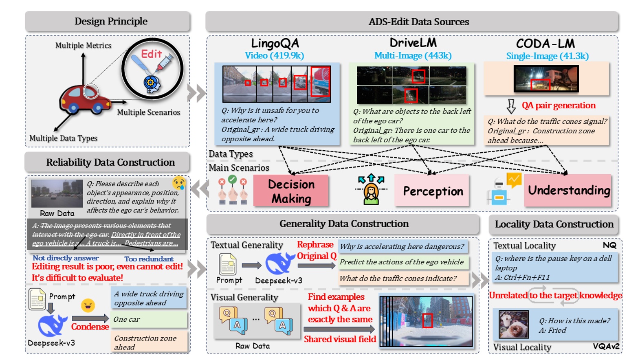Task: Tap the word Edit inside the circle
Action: (151, 54)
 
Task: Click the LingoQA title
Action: (275, 43)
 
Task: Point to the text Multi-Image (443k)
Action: (413, 55)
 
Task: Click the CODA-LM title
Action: (545, 44)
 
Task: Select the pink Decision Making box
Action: (291, 191)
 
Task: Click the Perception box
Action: (432, 191)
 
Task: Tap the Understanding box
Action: (568, 190)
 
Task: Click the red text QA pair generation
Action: (558, 105)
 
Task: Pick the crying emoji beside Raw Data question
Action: (178, 183)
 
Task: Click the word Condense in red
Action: (90, 327)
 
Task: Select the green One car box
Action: (149, 320)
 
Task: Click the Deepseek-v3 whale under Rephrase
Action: (279, 263)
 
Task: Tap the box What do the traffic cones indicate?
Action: (403, 279)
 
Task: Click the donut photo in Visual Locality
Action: (514, 325)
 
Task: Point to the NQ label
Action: (609, 245)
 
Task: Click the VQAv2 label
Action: (606, 347)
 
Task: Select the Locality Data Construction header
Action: (554, 224)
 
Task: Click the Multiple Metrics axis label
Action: (83, 46)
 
